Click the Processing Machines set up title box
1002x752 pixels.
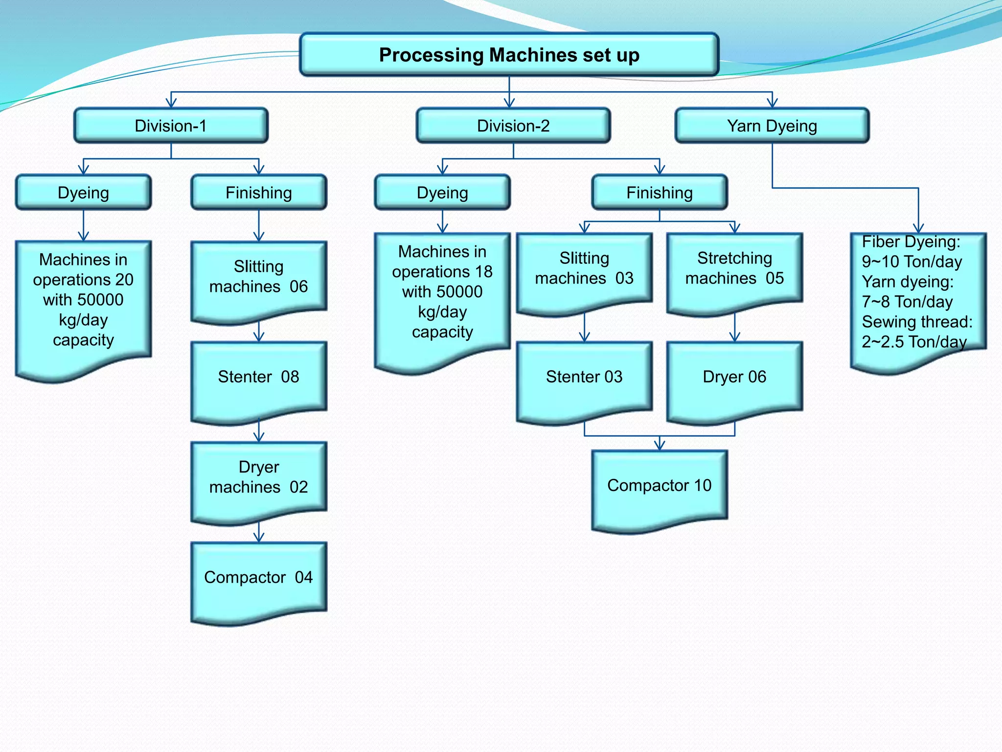[509, 55]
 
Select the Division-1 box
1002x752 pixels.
[171, 126]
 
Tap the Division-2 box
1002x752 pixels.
[513, 126]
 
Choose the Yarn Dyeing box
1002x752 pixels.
[772, 126]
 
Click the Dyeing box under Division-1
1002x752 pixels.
[83, 192]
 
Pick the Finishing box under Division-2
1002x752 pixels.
[659, 192]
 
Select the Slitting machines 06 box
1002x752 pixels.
[258, 277]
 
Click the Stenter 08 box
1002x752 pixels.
[258, 377]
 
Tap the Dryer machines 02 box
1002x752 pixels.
[258, 477]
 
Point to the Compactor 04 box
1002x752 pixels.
[258, 578]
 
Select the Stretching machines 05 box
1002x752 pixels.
[734, 268]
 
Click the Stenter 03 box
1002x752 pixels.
[584, 377]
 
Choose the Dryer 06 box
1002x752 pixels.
[734, 377]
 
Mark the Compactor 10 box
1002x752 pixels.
[659, 486]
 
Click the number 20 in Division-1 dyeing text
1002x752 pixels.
[124, 280]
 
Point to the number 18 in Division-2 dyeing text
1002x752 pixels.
[483, 272]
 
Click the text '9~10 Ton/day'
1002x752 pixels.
[911, 262]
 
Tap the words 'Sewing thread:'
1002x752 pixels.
[917, 322]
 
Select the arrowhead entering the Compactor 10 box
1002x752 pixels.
[660, 445]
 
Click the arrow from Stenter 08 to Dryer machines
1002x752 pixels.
[259, 432]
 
